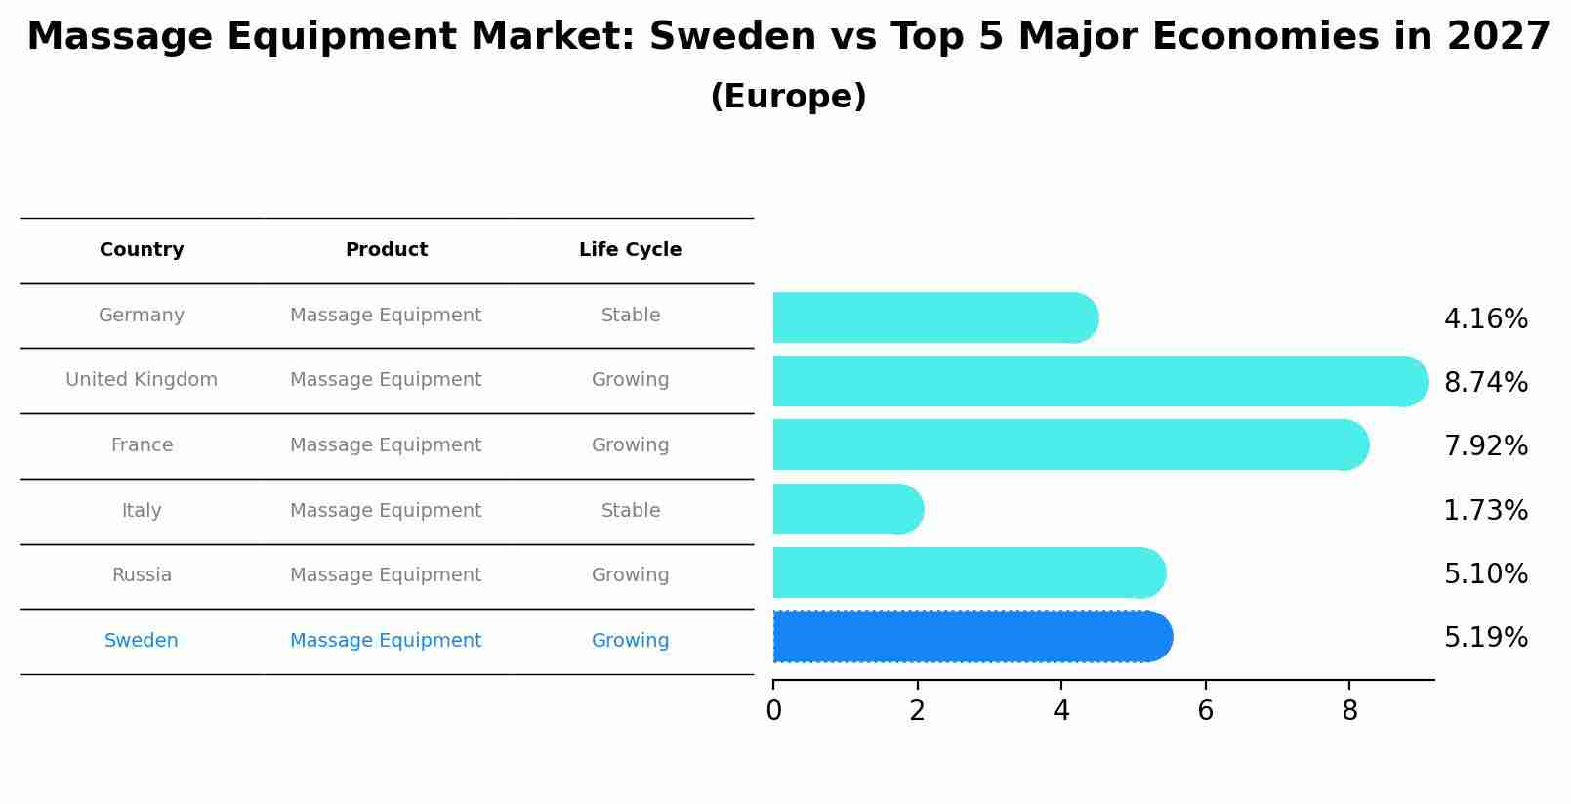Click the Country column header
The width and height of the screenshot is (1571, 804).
pyautogui.click(x=142, y=250)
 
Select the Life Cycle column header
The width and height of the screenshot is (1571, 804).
pyautogui.click(x=630, y=250)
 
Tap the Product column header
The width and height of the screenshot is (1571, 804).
pyautogui.click(x=386, y=250)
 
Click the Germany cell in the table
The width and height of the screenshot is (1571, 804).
pyautogui.click(x=142, y=316)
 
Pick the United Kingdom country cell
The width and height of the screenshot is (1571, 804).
pyautogui.click(x=142, y=380)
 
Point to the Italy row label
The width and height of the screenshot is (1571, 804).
pyautogui.click(x=142, y=511)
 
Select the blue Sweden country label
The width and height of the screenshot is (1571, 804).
pyautogui.click(x=142, y=641)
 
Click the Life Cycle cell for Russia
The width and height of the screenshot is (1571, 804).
pyautogui.click(x=630, y=575)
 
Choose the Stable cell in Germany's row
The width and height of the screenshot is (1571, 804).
pyautogui.click(x=630, y=316)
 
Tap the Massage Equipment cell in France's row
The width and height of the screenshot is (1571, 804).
pyautogui.click(x=386, y=445)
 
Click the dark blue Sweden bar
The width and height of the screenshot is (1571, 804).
pyautogui.click(x=972, y=637)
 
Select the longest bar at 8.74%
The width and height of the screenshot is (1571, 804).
pyautogui.click(x=1098, y=381)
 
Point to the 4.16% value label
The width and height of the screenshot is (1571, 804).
pyautogui.click(x=1485, y=319)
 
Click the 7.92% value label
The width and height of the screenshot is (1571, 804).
pyautogui.click(x=1485, y=446)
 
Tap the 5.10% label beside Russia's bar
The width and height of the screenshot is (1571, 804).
pyautogui.click(x=1485, y=574)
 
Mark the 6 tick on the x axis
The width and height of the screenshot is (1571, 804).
pyautogui.click(x=1205, y=711)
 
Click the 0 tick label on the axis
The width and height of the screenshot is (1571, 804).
pyautogui.click(x=773, y=711)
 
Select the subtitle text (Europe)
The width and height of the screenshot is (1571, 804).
pyautogui.click(x=788, y=97)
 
